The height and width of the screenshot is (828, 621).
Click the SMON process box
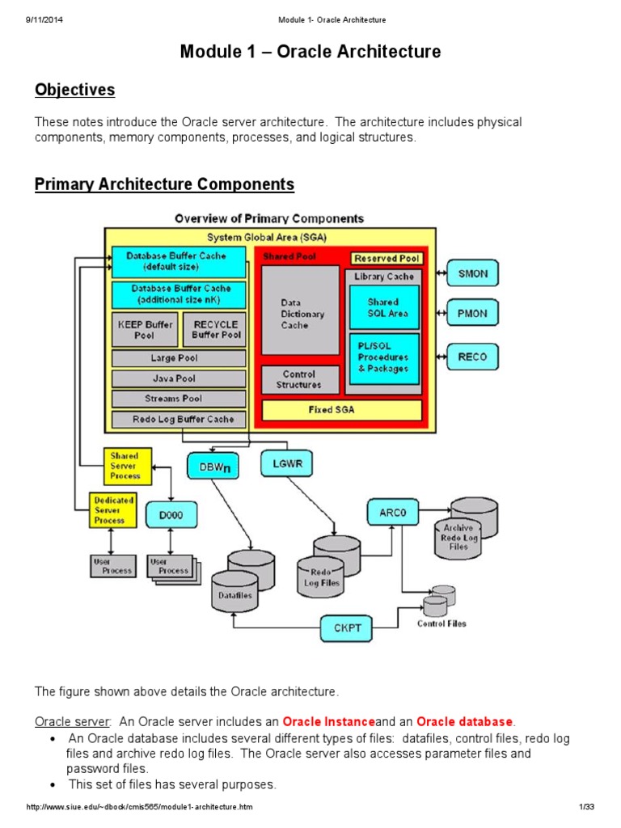coord(473,273)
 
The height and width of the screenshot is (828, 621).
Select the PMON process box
coord(473,311)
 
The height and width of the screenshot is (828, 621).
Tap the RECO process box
coord(473,356)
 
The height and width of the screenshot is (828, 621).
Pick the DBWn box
coord(213,466)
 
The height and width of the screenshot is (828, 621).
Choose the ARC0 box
coord(392,512)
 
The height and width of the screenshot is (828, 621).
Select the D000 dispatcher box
coord(171,515)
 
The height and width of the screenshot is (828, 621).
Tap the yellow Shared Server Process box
coord(125,466)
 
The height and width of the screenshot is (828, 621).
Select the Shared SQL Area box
coord(384,307)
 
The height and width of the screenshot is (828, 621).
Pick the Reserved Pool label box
coord(387,258)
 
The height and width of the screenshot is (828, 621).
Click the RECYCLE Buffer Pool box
coord(215,330)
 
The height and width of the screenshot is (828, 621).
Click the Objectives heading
coord(74,90)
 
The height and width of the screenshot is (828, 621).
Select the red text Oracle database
coord(464,721)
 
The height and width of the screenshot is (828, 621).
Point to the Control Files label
coord(441,623)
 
